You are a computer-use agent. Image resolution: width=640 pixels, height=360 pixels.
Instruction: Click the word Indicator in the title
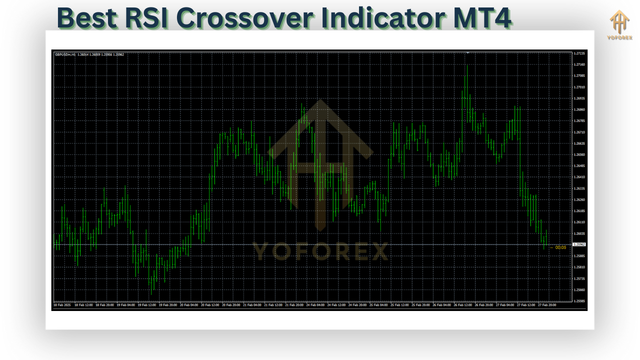point(374,18)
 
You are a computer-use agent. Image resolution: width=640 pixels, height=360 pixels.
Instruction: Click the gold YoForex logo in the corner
point(619,24)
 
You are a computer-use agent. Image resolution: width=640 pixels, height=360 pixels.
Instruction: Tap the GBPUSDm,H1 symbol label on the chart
point(65,54)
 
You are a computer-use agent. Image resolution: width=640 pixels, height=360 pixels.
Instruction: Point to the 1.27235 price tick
point(580,53)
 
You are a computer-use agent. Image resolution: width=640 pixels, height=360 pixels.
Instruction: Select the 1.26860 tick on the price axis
point(580,109)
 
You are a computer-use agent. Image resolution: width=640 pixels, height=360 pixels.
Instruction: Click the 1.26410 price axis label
point(580,177)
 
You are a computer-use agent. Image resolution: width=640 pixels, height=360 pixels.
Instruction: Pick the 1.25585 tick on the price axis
point(580,301)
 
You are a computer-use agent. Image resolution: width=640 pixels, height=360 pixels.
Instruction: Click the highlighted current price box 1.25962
point(580,244)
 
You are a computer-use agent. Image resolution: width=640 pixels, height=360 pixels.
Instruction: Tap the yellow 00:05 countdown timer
point(560,247)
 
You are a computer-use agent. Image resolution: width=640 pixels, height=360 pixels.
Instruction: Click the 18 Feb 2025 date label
point(62,304)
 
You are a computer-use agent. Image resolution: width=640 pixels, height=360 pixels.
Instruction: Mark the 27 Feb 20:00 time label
point(547,304)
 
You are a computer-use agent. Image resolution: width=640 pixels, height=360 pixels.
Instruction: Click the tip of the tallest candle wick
point(467,64)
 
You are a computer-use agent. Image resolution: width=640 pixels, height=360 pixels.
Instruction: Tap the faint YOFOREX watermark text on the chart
point(320,252)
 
